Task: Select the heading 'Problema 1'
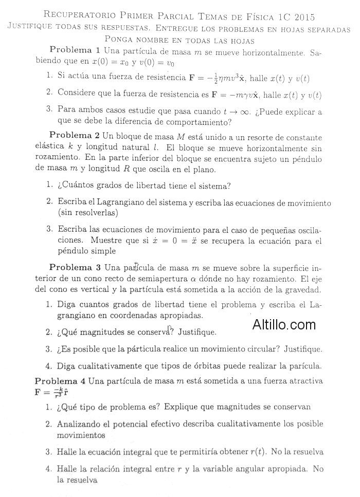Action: tap(75, 50)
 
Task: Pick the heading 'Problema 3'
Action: tap(75, 267)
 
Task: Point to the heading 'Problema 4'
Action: tap(60, 381)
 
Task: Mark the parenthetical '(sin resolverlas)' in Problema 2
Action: tap(88, 212)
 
